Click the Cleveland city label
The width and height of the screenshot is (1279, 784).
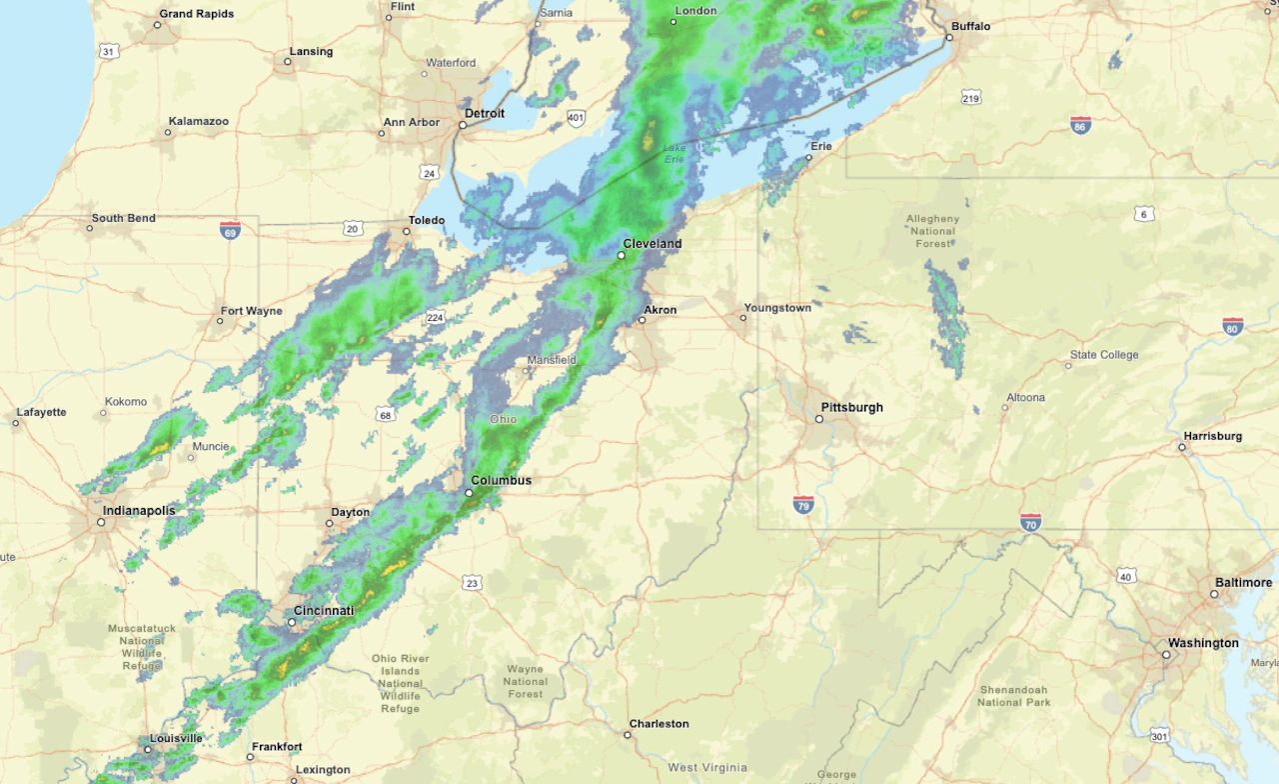pos(651,243)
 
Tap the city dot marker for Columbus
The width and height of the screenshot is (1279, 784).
pos(469,493)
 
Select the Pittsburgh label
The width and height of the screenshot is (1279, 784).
pos(851,407)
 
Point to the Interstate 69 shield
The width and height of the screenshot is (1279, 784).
pos(230,229)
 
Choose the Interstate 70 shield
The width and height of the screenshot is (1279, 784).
pos(1030,521)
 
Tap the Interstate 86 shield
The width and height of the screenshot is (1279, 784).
pos(1080,125)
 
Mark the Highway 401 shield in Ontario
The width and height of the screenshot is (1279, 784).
pos(575,118)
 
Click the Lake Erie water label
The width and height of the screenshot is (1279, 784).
pos(675,154)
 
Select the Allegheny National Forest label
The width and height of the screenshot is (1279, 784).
pos(932,230)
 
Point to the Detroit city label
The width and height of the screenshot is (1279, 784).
pos(485,113)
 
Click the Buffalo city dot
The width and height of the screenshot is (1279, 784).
pos(949,38)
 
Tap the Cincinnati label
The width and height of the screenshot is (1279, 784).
pos(324,610)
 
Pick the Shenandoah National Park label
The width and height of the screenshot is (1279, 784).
pos(1013,696)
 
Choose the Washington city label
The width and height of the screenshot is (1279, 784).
pos(1204,643)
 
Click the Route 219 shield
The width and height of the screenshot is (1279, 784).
pos(971,97)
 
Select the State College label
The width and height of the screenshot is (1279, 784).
pos(1104,355)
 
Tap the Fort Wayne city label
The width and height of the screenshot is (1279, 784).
pos(252,311)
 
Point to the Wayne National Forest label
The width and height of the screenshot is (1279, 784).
pos(525,682)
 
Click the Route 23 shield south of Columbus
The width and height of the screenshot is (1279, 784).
pos(472,583)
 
